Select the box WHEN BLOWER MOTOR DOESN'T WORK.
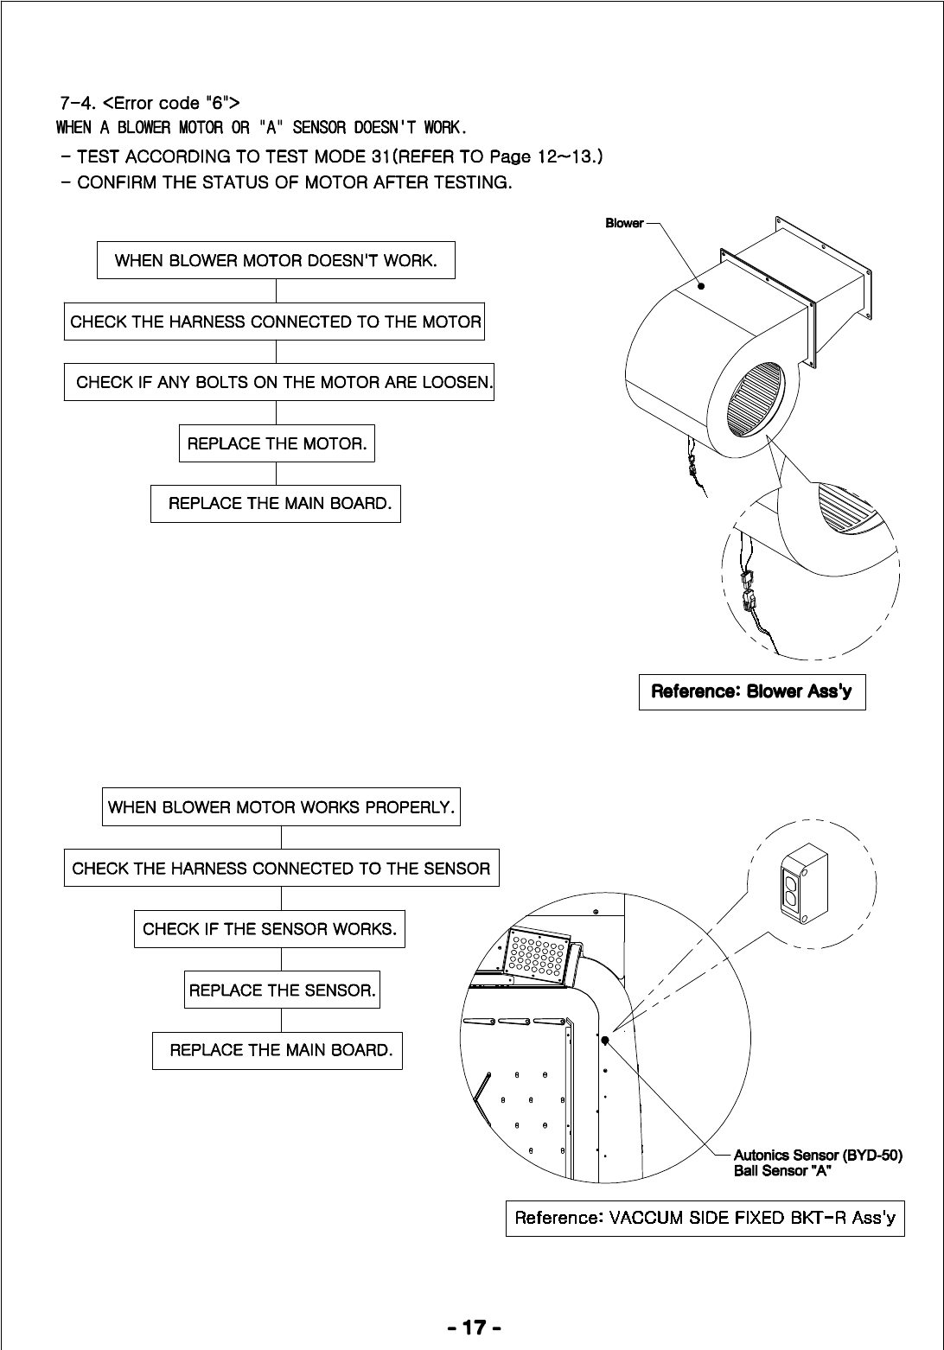[x=276, y=260]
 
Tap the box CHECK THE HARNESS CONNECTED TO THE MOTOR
[x=275, y=322]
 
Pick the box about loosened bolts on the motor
[x=279, y=382]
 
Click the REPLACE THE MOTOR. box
[x=277, y=444]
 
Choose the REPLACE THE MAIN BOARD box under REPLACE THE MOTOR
[x=276, y=504]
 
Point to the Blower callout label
[x=623, y=223]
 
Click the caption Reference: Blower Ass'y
[x=751, y=691]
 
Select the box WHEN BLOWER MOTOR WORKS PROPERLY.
[x=281, y=807]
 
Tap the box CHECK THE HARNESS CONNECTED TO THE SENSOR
[x=281, y=869]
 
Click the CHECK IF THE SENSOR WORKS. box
[x=269, y=929]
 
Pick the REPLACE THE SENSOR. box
[x=282, y=990]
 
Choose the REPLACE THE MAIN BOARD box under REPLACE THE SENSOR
[x=277, y=1050]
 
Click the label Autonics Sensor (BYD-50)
[x=817, y=1155]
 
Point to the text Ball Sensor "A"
[x=782, y=1171]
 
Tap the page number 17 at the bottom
[x=473, y=1327]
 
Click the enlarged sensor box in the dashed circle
[x=805, y=883]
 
